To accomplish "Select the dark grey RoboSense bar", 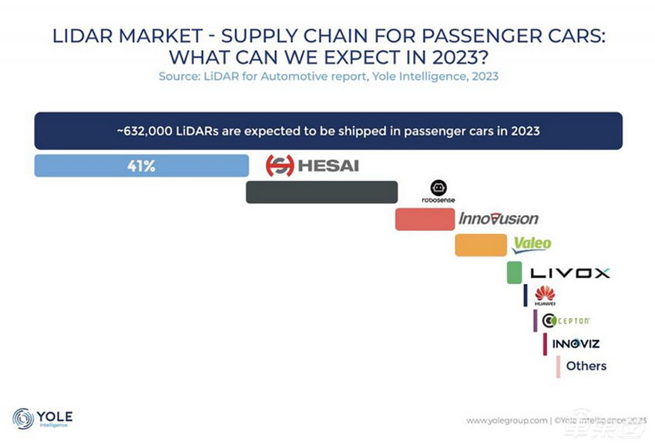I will point(321,192).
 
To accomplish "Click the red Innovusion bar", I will point(425,219).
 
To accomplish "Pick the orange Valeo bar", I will point(480,245).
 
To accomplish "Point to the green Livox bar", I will point(514,272).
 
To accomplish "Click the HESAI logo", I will point(312,165).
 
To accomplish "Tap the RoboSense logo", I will point(438,192).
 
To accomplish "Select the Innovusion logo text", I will point(499,219).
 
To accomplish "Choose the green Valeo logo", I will point(532,245).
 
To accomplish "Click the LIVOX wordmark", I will point(569,272).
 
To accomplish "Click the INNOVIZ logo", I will point(576,343).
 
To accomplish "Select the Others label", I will point(586,366).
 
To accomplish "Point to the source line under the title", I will point(327,76).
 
